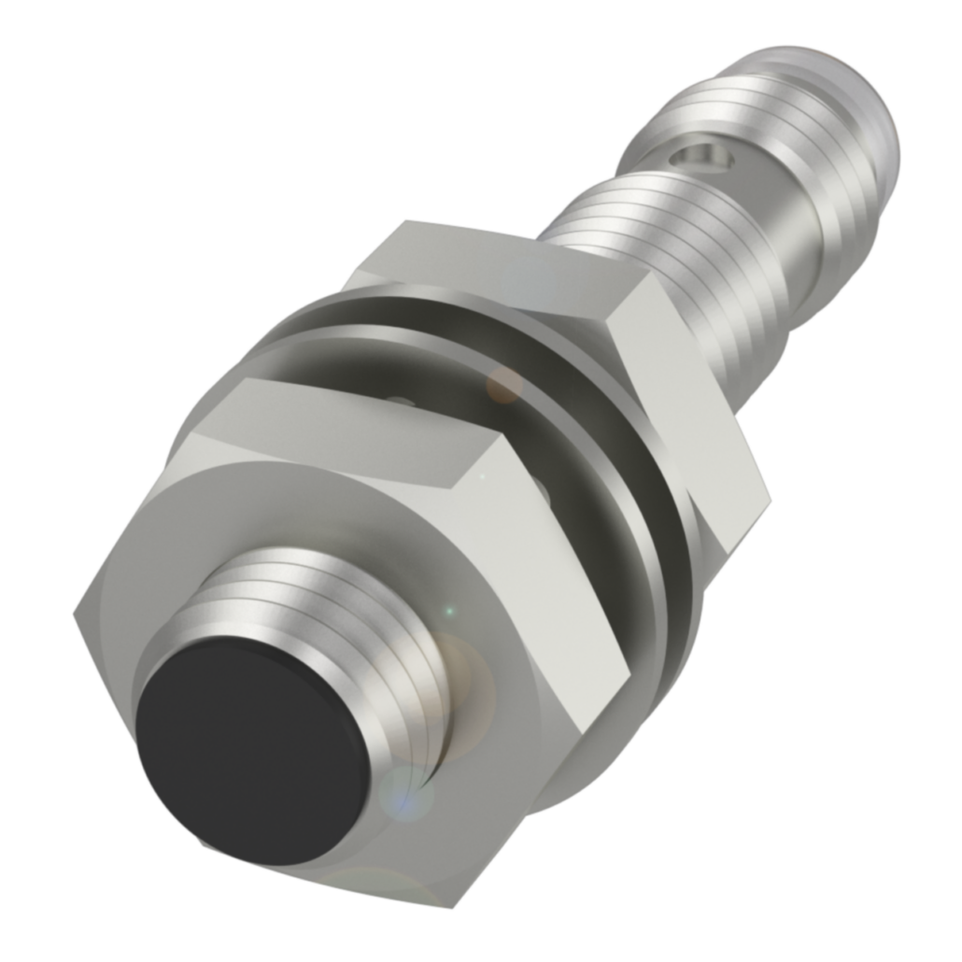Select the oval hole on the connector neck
pyautogui.click(x=705, y=157)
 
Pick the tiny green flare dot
pyautogui.click(x=449, y=612)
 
